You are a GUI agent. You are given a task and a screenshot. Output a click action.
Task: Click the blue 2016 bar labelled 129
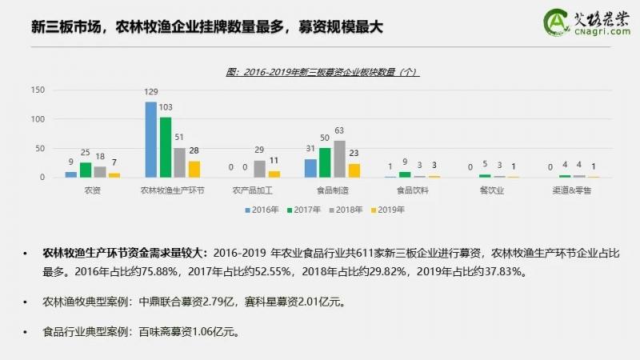tap(150, 140)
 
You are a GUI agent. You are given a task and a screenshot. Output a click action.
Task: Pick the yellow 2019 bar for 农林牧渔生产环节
tap(194, 169)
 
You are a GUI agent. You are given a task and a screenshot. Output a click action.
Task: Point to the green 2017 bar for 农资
tap(86, 170)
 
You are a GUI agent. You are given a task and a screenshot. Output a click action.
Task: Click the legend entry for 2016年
tap(261, 210)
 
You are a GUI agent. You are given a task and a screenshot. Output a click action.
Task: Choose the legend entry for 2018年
tap(346, 210)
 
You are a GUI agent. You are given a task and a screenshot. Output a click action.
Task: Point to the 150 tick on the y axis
tap(37, 90)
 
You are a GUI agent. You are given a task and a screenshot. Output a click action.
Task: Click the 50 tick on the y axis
tap(39, 149)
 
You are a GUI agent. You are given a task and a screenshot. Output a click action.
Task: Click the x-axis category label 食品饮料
tap(414, 191)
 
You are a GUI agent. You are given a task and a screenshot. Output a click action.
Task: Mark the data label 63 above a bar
tap(339, 130)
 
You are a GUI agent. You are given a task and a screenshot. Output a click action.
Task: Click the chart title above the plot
tap(322, 71)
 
